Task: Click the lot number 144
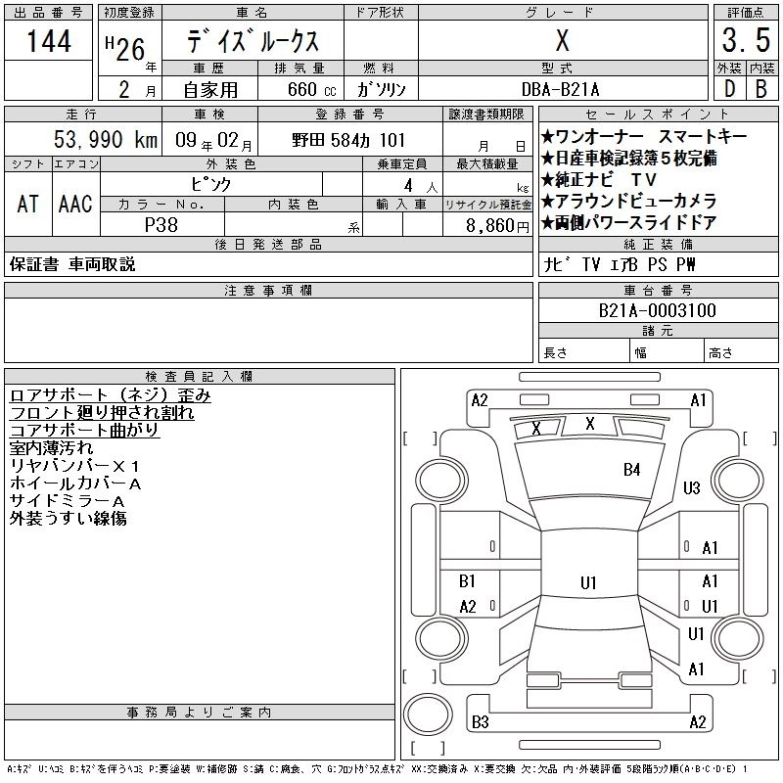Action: (50, 42)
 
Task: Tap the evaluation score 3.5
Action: (743, 42)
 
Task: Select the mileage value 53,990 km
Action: (106, 140)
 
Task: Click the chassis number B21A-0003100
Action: (657, 311)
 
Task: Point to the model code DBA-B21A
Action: (560, 89)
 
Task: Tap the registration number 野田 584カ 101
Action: (348, 140)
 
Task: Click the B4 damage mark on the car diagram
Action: (631, 470)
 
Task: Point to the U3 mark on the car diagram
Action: (692, 487)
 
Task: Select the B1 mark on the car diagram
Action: (468, 581)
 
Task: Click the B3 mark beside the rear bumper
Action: (480, 722)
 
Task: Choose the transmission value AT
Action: (28, 204)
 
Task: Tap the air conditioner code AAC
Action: (75, 204)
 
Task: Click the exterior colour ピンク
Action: (231, 183)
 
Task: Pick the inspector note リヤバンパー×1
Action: (75, 466)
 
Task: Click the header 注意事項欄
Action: (268, 291)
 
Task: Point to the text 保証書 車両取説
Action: (72, 264)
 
